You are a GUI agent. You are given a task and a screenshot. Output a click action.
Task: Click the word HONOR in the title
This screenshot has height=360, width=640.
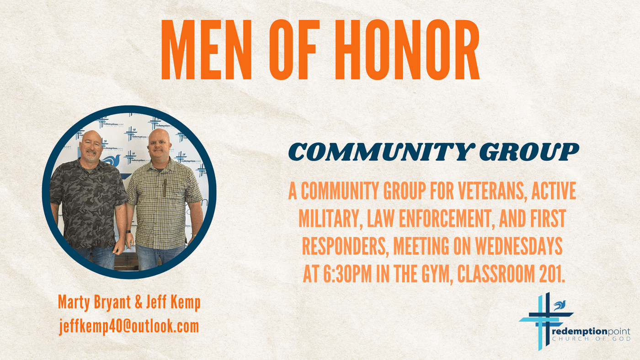tap(407, 49)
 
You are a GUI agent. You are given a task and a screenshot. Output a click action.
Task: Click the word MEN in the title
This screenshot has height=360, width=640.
tap(206, 49)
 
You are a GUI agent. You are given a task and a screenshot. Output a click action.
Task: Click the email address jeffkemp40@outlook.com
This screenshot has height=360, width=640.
tap(129, 326)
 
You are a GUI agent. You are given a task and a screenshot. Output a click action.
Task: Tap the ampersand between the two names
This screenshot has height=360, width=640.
tap(138, 302)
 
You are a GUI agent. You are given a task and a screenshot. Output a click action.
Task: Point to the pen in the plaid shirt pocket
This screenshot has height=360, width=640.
tap(165, 188)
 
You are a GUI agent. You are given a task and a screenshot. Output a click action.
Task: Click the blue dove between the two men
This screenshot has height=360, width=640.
tap(112, 160)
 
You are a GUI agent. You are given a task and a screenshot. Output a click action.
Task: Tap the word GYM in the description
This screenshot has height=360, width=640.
tap(437, 273)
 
